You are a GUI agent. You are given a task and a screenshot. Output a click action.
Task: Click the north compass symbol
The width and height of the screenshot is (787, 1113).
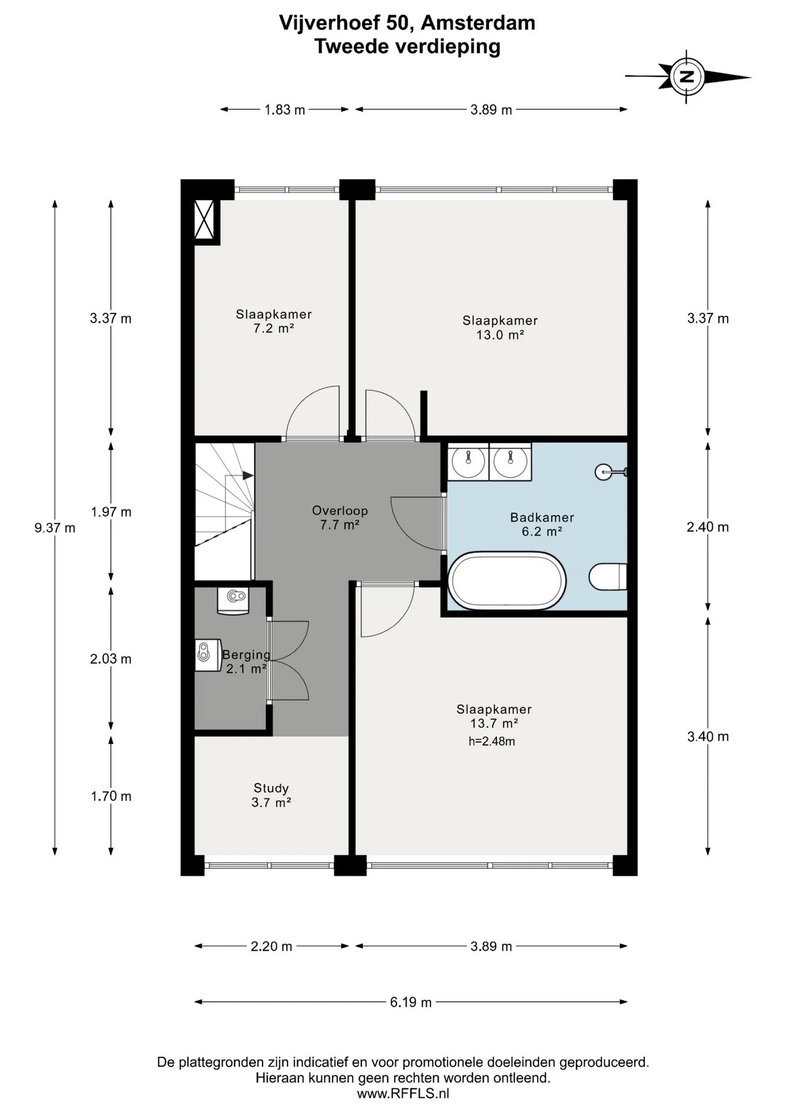(x=687, y=77)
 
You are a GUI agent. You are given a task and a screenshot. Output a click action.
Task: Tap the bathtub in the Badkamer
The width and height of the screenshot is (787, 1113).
(x=508, y=580)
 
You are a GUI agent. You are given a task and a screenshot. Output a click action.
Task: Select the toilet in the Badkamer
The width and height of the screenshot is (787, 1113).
(x=608, y=577)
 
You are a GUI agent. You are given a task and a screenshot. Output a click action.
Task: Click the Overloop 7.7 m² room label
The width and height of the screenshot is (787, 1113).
(x=340, y=518)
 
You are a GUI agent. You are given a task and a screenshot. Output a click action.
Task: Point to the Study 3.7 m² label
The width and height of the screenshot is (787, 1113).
(x=271, y=795)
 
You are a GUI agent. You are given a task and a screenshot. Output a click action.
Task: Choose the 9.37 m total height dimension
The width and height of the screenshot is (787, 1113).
(x=55, y=528)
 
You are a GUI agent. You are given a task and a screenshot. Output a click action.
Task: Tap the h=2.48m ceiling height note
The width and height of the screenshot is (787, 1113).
(x=491, y=741)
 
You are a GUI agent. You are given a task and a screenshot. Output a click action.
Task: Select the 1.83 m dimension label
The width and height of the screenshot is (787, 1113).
(x=285, y=110)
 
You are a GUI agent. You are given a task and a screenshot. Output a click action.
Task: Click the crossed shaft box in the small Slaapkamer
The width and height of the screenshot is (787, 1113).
(x=204, y=219)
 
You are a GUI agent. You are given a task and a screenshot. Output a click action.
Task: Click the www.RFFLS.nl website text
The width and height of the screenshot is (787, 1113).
(x=403, y=1094)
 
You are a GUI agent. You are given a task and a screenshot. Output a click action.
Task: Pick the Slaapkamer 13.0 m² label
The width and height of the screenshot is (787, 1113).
(x=500, y=328)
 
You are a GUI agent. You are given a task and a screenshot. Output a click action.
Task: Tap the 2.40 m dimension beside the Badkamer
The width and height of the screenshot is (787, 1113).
(x=708, y=527)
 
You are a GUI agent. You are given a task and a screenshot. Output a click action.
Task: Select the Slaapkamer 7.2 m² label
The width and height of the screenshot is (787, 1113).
(x=274, y=321)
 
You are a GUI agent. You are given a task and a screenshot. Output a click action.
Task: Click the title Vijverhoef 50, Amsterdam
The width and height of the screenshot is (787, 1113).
(x=407, y=23)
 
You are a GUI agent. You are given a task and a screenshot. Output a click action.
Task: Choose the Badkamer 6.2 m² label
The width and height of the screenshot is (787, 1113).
(x=542, y=524)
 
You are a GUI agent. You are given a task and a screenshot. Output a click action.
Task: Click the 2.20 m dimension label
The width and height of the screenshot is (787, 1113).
(x=271, y=946)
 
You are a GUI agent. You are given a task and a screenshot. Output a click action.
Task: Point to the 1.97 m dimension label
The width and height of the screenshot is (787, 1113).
(x=111, y=512)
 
